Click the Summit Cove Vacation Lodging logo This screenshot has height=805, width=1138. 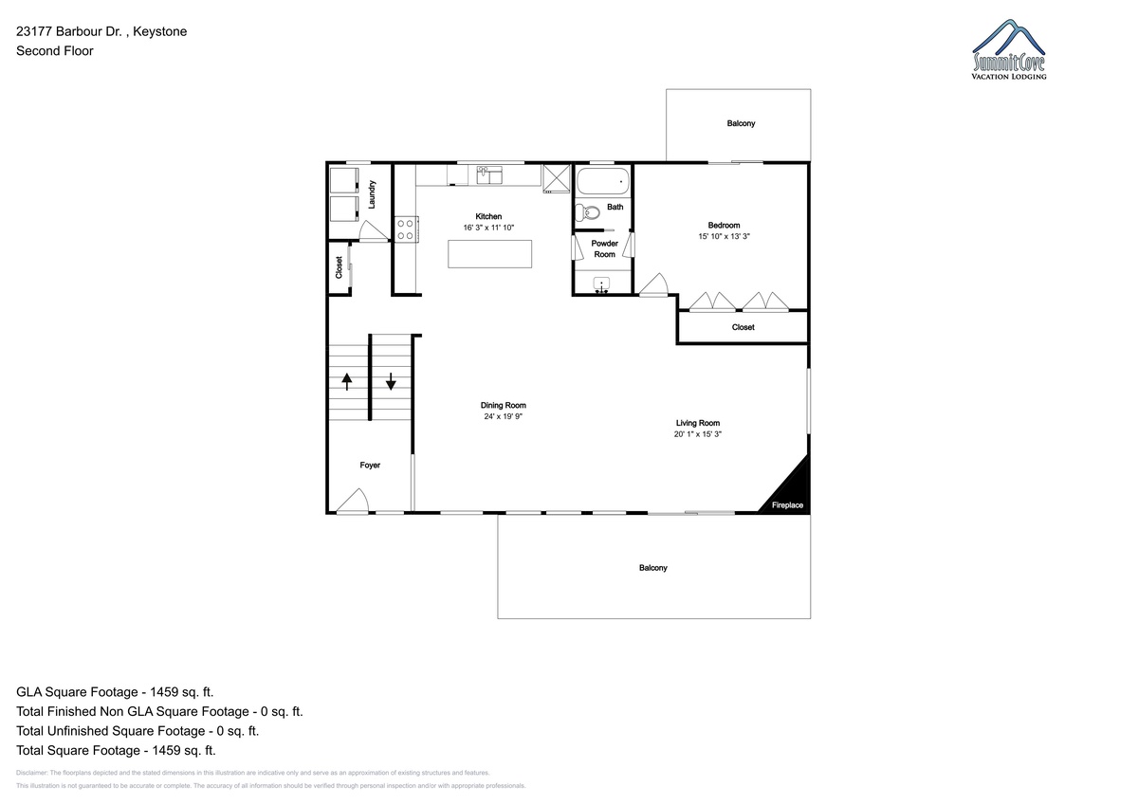click(x=1009, y=49)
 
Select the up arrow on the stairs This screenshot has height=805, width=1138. click(x=347, y=381)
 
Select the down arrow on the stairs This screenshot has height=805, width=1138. click(x=391, y=381)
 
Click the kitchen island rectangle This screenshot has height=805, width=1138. click(x=489, y=254)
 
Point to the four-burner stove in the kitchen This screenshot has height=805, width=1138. click(x=406, y=229)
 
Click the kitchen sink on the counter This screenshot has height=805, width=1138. click(x=489, y=175)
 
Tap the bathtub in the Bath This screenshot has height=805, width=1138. click(x=603, y=182)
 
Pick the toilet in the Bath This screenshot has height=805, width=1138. click(x=587, y=212)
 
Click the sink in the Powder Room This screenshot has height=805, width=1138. click(x=601, y=285)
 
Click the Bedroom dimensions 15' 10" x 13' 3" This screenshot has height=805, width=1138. click(x=724, y=236)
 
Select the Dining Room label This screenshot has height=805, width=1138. click(x=504, y=405)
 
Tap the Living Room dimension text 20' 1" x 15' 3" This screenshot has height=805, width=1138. click(x=698, y=434)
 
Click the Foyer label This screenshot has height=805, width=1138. click(x=370, y=466)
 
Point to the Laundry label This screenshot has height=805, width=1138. click(x=372, y=194)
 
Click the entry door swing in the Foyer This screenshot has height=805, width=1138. click(x=353, y=502)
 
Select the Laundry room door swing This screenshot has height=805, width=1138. click(x=373, y=231)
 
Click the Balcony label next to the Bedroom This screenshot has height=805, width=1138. click(x=741, y=123)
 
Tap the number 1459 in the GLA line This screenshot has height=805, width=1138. click(x=163, y=692)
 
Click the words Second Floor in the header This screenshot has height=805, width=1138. click(x=55, y=51)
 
